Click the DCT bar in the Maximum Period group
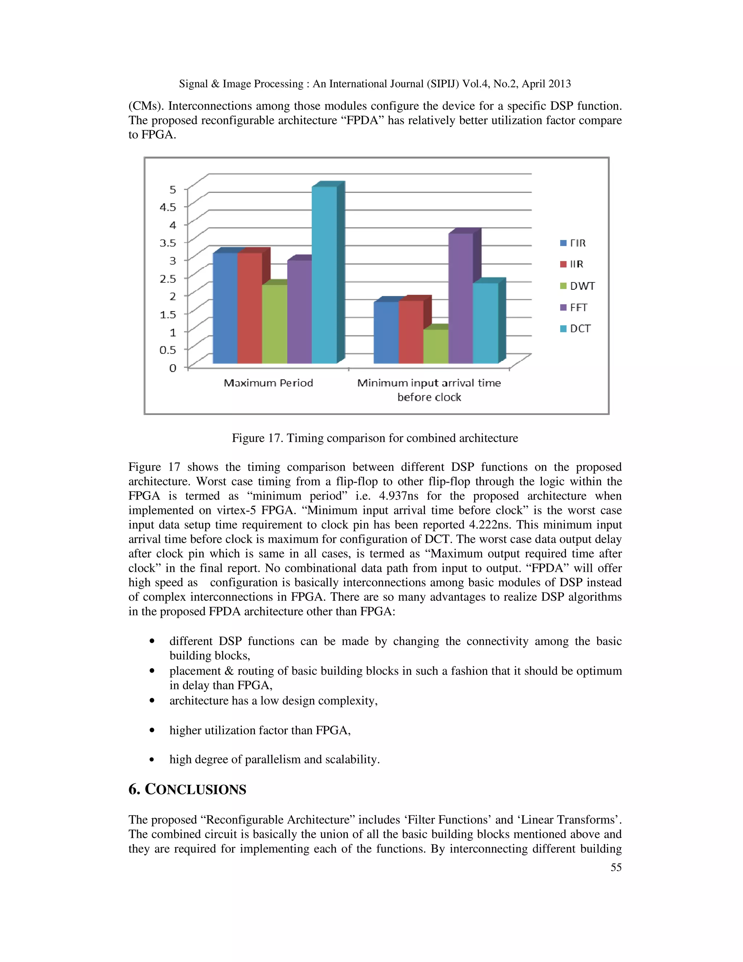tap(324, 275)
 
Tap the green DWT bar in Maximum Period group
tap(275, 324)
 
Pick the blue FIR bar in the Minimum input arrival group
tap(386, 333)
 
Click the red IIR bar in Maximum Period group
tap(250, 308)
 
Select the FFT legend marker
tap(563, 307)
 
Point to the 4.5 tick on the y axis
tap(168, 207)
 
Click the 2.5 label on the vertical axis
tap(168, 278)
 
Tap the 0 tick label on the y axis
tap(173, 368)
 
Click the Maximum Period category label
tap(268, 383)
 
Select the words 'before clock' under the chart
tap(429, 397)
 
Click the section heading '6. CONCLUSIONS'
tap(187, 789)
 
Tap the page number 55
tap(616, 867)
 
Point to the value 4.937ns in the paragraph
tap(398, 496)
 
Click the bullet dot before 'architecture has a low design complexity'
tap(152, 700)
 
